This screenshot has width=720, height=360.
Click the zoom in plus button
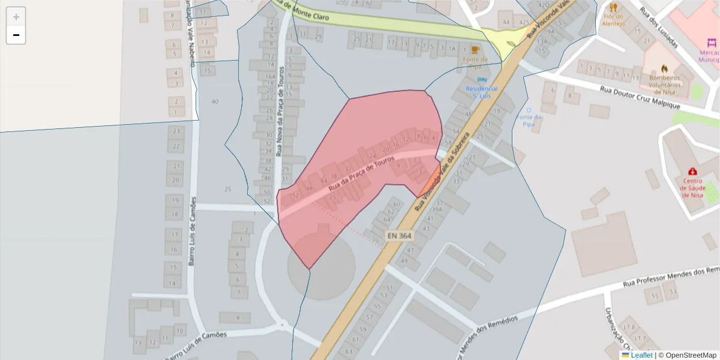click(x=16, y=17)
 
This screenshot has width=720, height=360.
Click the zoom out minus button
click(x=16, y=35)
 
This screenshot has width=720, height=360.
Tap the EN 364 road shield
click(x=399, y=236)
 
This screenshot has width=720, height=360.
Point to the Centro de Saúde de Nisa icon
click(x=693, y=171)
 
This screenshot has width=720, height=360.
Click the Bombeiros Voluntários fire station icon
click(x=664, y=68)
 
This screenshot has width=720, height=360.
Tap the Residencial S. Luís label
click(x=482, y=92)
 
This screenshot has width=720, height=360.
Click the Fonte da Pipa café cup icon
click(x=475, y=50)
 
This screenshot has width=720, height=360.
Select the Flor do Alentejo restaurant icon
click(x=613, y=8)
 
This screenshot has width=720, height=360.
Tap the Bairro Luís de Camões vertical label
click(x=192, y=231)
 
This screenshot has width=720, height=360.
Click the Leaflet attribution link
click(x=641, y=355)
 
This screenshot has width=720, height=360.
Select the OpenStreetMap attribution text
click(x=687, y=355)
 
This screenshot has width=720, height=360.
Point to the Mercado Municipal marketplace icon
click(x=712, y=43)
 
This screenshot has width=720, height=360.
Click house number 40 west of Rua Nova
click(x=215, y=101)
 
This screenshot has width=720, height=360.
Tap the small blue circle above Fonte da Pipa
click(x=529, y=110)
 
